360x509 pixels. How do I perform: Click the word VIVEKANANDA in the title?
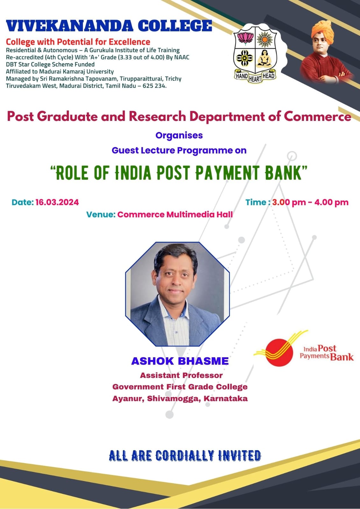click(x=69, y=26)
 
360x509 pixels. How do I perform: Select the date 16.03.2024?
click(x=57, y=202)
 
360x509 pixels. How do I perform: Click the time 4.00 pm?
click(x=331, y=202)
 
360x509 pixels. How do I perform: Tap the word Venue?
click(x=101, y=214)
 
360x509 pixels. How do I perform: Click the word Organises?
click(x=179, y=136)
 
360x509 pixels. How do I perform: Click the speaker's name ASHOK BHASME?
click(x=180, y=361)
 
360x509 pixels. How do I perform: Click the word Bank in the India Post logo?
click(x=342, y=357)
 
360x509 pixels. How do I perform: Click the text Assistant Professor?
click(x=181, y=375)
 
